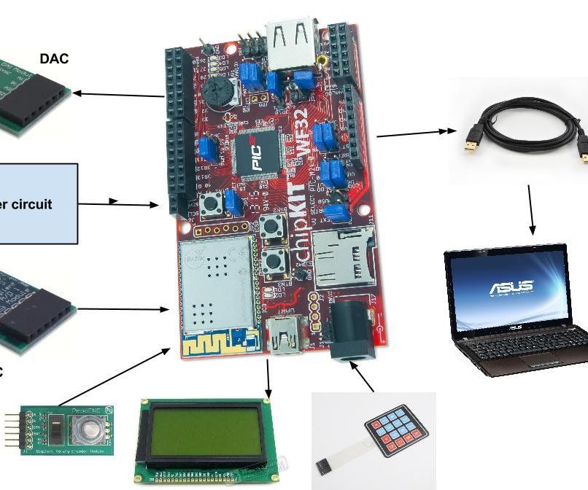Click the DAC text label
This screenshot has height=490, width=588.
[55, 59]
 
